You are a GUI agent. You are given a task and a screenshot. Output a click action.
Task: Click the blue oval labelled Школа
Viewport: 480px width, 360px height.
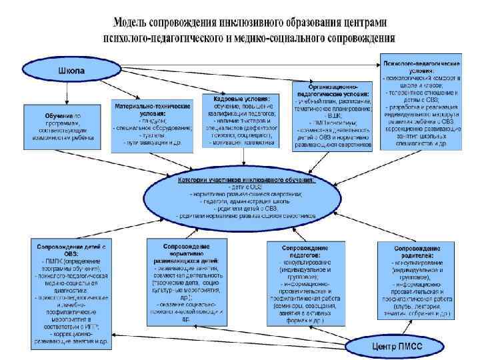[x=71, y=69]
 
